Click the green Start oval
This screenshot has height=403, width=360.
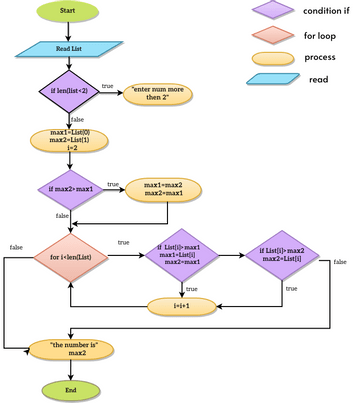[x=69, y=13]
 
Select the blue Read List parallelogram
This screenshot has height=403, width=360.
[x=69, y=49]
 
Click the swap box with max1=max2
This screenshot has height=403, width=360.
[x=162, y=189]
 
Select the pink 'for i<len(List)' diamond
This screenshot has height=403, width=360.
[x=69, y=257]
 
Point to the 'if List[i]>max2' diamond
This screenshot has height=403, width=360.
[x=282, y=256]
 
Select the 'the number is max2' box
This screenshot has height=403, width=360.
[x=69, y=350]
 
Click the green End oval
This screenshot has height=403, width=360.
[x=69, y=388]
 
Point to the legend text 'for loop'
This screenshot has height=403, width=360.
[x=319, y=35]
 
